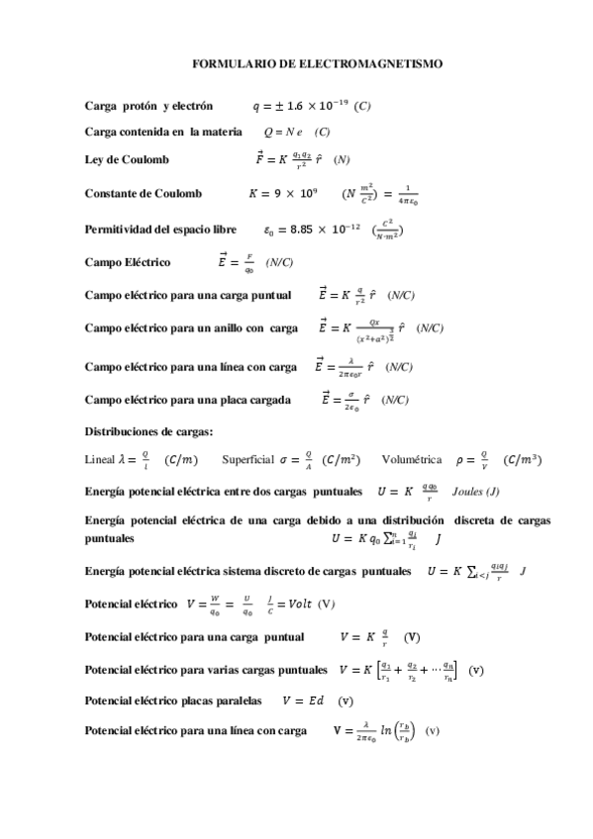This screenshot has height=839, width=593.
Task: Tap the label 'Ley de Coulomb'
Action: (128, 160)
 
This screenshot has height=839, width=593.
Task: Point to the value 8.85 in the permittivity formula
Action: (294, 231)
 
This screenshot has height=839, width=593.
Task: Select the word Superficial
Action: (248, 459)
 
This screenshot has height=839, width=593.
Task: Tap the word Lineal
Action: (100, 459)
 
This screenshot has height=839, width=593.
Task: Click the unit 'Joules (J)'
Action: (475, 491)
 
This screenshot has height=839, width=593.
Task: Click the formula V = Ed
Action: (303, 700)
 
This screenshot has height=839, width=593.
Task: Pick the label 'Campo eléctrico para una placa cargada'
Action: (188, 400)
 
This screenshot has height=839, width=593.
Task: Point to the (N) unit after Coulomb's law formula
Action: (344, 160)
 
